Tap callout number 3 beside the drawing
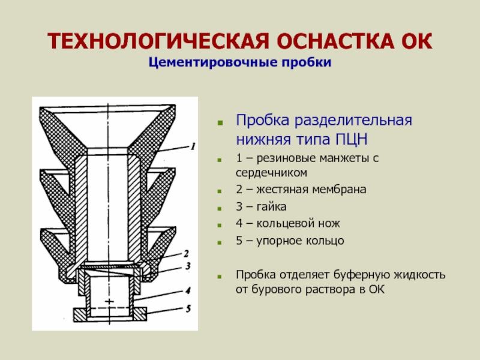click(x=187, y=265)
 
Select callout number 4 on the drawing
click(x=187, y=291)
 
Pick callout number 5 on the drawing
click(x=187, y=310)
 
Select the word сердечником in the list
click(x=272, y=173)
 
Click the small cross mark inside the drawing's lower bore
click(x=109, y=299)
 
